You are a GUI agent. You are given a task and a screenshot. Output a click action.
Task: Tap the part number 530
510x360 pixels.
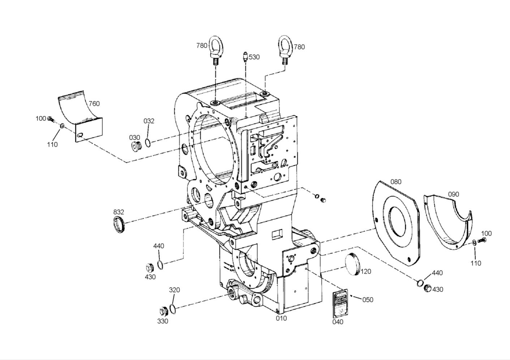point(254,57)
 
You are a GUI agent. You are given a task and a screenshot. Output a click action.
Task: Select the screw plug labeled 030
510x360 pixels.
point(136,146)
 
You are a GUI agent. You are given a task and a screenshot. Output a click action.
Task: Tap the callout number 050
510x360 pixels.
point(368,300)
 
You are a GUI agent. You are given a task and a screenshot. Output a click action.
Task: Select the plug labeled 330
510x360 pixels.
point(163,312)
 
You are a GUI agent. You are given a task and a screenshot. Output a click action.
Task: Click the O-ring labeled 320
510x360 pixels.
point(173,309)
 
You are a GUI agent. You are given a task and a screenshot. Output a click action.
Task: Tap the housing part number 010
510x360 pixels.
point(281,318)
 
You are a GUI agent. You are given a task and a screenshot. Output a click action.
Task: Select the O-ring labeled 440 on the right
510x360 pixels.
point(420,283)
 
